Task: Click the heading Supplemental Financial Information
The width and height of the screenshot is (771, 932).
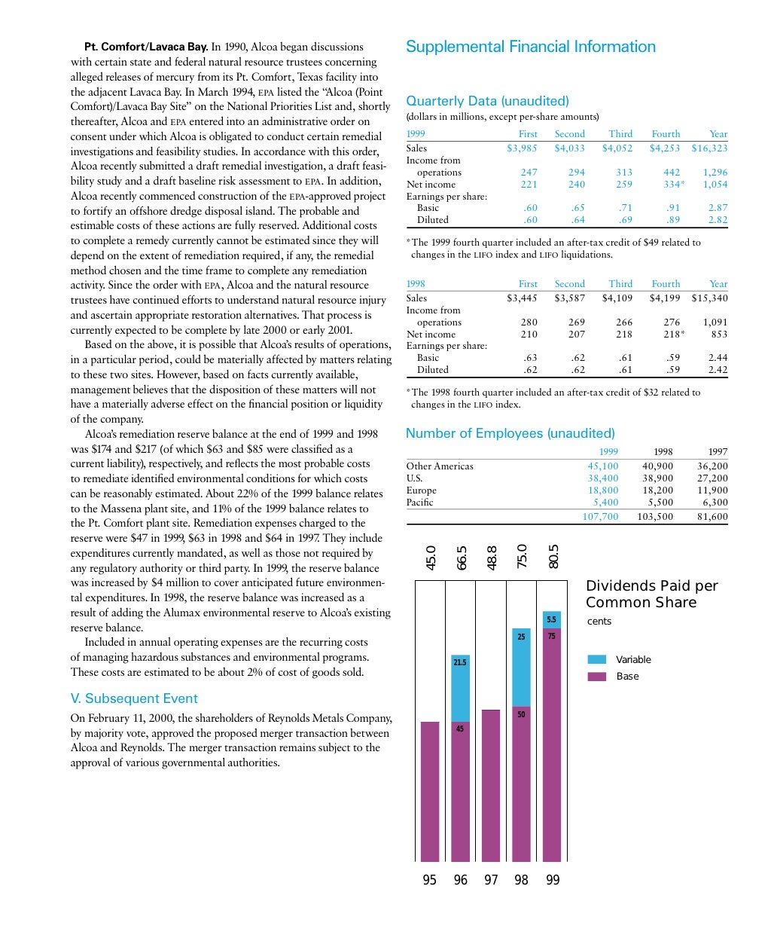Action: (530, 47)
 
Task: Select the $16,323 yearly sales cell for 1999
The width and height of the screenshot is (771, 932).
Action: (709, 148)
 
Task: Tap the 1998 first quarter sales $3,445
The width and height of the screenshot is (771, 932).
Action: (522, 298)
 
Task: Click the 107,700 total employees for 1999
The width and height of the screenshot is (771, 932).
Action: (600, 517)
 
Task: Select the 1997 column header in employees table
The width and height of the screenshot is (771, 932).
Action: (718, 452)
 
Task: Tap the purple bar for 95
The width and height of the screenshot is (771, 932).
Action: (430, 791)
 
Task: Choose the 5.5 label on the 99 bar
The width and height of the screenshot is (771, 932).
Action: (551, 620)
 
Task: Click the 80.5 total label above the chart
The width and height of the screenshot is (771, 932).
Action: (553, 557)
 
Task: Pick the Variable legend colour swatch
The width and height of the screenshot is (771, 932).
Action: (596, 660)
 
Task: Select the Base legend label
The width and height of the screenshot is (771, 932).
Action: (627, 677)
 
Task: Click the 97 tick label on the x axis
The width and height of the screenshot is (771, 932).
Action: (491, 880)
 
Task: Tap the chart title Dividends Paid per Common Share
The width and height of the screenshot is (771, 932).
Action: (651, 594)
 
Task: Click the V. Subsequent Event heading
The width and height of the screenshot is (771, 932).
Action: (134, 698)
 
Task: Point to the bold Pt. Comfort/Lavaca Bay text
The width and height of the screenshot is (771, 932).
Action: (146, 47)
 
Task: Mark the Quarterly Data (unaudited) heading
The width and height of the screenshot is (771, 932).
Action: (487, 101)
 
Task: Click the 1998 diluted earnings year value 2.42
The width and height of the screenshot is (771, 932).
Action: (718, 370)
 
